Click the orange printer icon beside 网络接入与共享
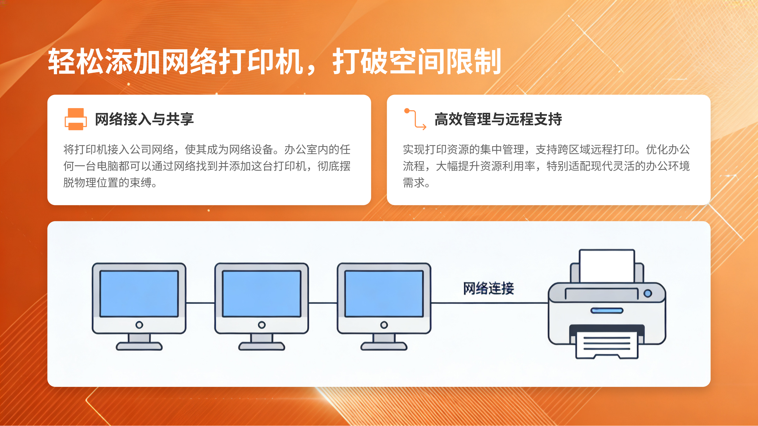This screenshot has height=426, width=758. click(x=76, y=119)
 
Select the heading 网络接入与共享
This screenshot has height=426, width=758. click(x=144, y=119)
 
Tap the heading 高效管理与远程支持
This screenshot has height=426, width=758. click(x=498, y=119)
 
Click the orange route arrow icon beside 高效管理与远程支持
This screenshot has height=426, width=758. click(x=415, y=119)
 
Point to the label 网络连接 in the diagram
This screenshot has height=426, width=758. click(x=488, y=288)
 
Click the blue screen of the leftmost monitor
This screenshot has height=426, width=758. click(x=139, y=293)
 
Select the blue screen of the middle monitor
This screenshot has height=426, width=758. click(x=262, y=293)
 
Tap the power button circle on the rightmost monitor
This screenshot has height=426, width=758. click(x=384, y=325)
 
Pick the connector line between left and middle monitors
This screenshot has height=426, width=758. click(x=200, y=303)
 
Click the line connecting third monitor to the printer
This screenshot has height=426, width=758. click(x=488, y=303)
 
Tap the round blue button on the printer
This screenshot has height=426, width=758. click(x=648, y=293)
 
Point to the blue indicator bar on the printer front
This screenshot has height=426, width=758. click(x=607, y=310)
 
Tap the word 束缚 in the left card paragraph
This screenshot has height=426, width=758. click(x=140, y=183)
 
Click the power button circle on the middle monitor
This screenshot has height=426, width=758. click(x=262, y=325)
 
